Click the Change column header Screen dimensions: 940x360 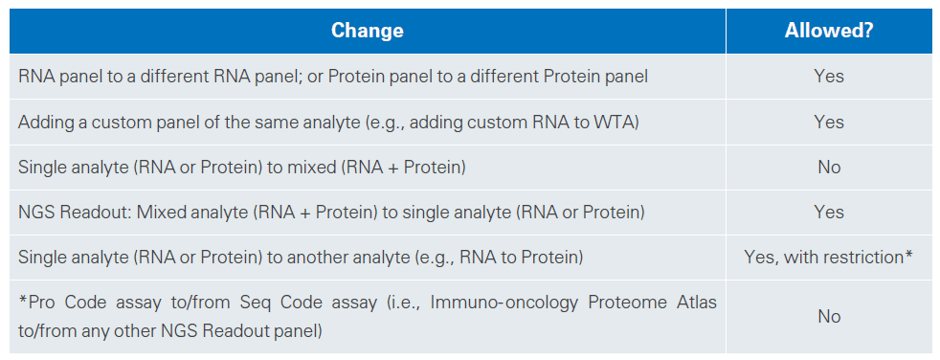point(367,31)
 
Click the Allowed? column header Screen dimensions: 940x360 point(829,31)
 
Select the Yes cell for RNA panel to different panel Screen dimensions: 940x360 point(829,77)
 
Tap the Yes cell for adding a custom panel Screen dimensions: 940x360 point(829,122)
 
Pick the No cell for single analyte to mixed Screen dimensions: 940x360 point(829,167)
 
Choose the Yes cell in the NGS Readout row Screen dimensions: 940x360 point(829,212)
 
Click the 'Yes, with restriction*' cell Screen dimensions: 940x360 point(829,257)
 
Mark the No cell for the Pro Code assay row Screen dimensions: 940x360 point(829,316)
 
